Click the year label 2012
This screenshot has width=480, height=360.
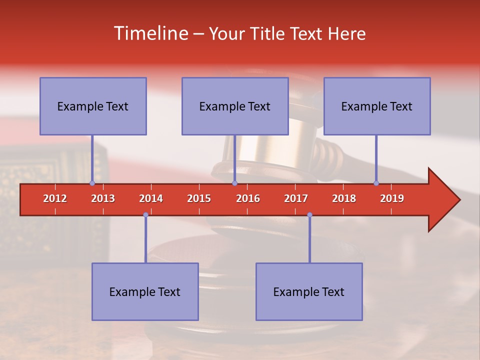(x=55, y=198)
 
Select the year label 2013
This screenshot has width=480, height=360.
(x=103, y=198)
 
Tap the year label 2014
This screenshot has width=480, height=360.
(x=151, y=198)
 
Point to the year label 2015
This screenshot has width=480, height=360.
(x=199, y=198)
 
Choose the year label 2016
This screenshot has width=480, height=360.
(x=248, y=198)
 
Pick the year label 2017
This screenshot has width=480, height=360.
(x=296, y=198)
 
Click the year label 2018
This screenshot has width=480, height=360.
(x=344, y=198)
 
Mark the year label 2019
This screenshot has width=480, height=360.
(x=392, y=198)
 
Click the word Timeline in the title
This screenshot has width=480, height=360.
(x=150, y=33)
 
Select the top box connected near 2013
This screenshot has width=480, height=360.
(x=93, y=106)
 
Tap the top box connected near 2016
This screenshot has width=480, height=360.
(x=235, y=106)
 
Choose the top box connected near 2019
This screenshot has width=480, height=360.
(x=377, y=106)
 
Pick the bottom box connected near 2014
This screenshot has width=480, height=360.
(x=145, y=291)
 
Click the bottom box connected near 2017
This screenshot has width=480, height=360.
(x=309, y=291)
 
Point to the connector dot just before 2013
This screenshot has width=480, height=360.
(x=92, y=183)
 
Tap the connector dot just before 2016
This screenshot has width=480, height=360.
(x=234, y=183)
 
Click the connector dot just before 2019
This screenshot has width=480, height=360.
(x=376, y=183)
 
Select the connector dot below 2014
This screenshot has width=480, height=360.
(x=145, y=214)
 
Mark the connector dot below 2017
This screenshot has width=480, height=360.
(x=309, y=214)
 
